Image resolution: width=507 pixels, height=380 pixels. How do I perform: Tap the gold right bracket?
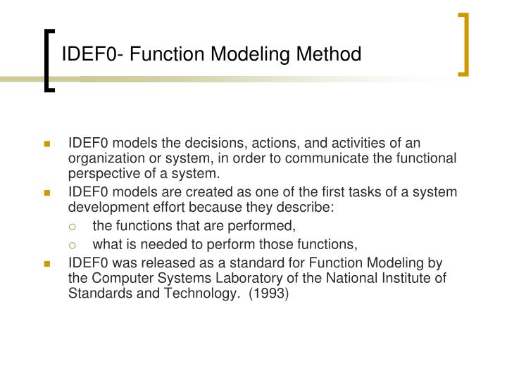[464, 44]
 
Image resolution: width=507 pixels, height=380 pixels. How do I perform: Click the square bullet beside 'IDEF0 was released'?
[47, 265]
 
